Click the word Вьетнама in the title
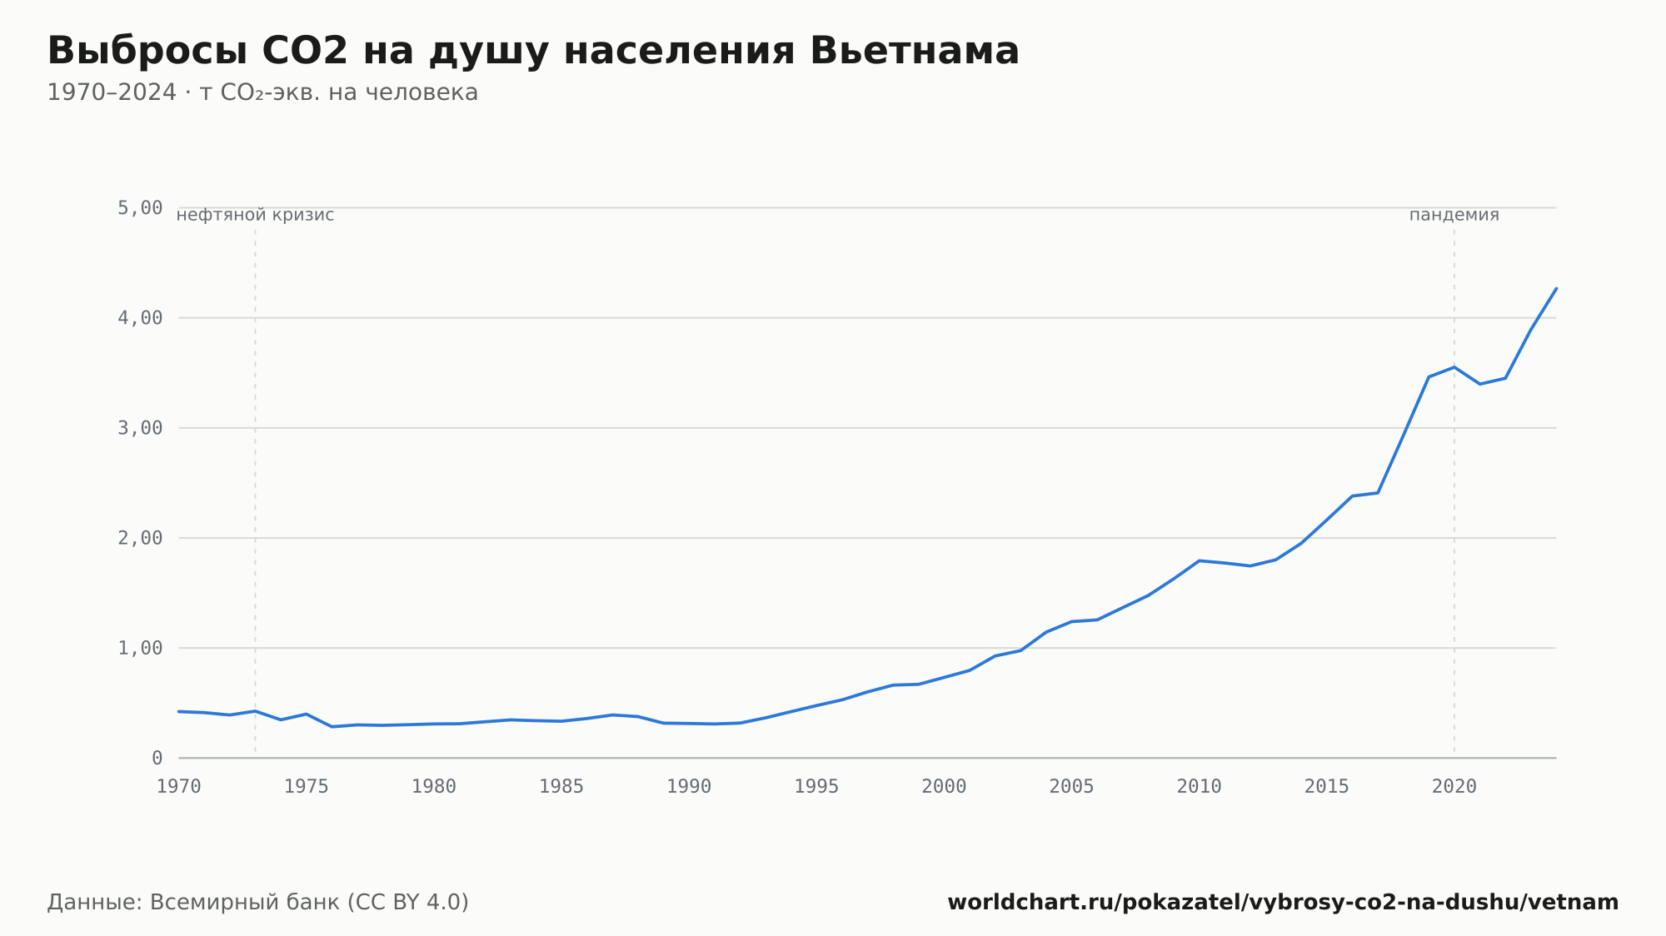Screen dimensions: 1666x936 tap(914, 51)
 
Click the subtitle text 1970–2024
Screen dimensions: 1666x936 tap(112, 92)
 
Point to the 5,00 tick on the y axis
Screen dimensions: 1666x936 tap(140, 207)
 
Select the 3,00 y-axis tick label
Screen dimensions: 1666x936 tap(140, 428)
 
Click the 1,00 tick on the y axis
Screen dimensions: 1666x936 tap(140, 648)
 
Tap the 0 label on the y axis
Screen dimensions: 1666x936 tap(157, 758)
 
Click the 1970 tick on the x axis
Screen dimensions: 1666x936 tap(179, 787)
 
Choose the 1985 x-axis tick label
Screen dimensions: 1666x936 tap(561, 787)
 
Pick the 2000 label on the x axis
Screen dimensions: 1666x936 tap(944, 787)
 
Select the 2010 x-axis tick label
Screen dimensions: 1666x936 tap(1199, 787)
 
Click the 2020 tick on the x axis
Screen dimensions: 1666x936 tap(1454, 787)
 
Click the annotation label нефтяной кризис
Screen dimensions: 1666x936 tap(255, 215)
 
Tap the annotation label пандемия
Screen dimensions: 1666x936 tap(1454, 215)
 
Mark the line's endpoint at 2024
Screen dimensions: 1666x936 tap(1556, 288)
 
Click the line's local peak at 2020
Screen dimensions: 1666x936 tap(1454, 367)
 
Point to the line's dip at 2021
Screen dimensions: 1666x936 tap(1479, 384)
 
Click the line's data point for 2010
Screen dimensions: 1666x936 tap(1199, 560)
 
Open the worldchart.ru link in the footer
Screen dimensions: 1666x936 tap(1283, 902)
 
